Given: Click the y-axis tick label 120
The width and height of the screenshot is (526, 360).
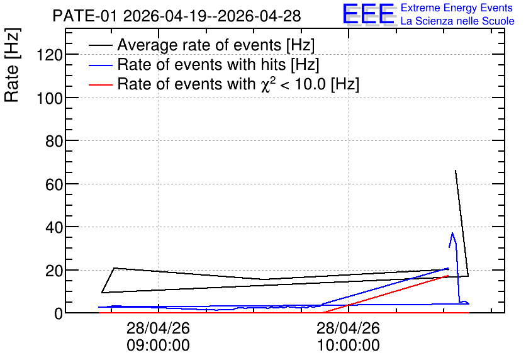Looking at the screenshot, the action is tap(50, 55).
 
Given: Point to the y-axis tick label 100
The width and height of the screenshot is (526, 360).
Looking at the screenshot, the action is tap(50, 98).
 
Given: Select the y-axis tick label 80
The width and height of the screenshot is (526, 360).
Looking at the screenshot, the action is tap(54, 141).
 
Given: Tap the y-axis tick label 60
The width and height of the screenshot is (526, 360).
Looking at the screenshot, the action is tap(54, 184).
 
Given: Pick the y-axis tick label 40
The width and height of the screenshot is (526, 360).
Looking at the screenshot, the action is tap(54, 227).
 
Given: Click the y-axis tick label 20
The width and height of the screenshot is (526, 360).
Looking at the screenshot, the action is tap(54, 271).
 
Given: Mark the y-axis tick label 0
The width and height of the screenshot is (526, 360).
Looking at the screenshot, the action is tap(59, 313).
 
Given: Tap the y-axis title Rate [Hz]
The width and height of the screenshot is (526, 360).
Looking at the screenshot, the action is tap(12, 65).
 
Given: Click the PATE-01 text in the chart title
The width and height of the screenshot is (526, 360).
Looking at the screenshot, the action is tap(85, 16).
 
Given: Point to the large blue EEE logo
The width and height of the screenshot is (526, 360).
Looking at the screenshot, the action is tap(369, 14).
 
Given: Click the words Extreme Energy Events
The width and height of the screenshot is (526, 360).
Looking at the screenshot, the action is tap(457, 8).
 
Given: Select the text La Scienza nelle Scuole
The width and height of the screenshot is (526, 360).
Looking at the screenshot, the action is tap(457, 21).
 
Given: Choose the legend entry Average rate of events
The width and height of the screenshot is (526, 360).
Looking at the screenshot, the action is tap(202, 45).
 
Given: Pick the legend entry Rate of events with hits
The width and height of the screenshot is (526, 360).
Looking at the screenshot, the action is tap(204, 64).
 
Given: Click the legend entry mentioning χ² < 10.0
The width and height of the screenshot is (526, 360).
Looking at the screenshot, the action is tap(224, 84).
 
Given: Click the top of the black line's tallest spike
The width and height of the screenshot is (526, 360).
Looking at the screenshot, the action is tap(456, 171).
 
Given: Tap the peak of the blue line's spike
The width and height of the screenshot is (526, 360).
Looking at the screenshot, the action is tap(452, 233).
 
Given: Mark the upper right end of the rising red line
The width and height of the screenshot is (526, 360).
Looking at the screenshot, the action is tap(448, 276).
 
